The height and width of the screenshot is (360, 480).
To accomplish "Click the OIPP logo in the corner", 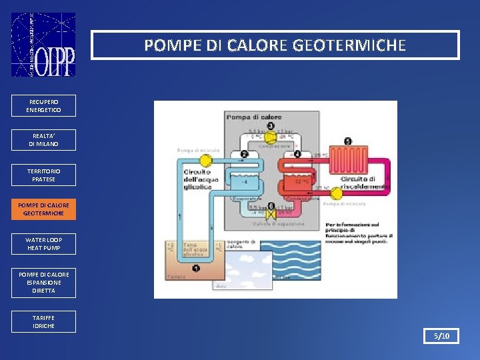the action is click(43, 45).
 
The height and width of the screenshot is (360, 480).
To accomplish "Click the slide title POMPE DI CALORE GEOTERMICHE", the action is click(275, 45).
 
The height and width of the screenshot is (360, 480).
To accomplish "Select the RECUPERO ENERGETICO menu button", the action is click(43, 105).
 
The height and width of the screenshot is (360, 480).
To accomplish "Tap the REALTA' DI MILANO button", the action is click(43, 140).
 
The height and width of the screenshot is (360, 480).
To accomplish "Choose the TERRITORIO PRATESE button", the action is click(43, 175).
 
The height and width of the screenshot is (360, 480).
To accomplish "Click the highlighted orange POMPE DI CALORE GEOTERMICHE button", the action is click(43, 209).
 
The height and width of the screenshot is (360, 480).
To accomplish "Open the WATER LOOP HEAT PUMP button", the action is click(43, 243).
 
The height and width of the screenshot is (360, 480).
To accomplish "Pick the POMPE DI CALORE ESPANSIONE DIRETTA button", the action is click(43, 283).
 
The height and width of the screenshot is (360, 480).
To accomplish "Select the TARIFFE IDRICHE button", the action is click(43, 321).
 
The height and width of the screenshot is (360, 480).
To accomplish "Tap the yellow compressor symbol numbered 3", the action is click(270, 137).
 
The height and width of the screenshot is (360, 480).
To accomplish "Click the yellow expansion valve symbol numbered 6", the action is click(270, 215).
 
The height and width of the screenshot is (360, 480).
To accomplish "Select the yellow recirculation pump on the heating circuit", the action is click(337, 193).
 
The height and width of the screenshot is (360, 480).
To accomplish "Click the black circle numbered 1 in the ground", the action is click(196, 268).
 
